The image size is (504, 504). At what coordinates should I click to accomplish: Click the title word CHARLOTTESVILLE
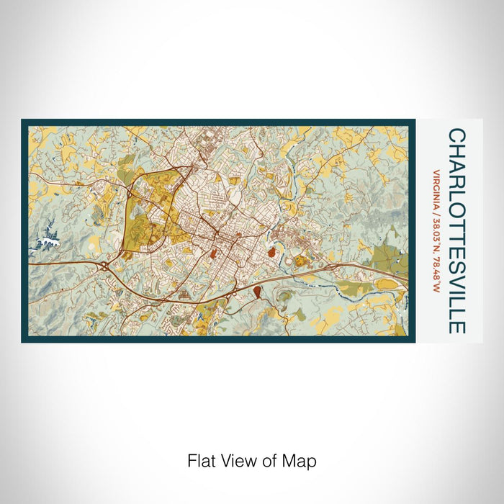point(456,231)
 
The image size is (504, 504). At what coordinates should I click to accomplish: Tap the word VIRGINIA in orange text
point(436,189)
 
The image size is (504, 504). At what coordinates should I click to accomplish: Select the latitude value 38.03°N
point(436,236)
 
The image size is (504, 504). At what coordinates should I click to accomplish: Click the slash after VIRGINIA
point(436,214)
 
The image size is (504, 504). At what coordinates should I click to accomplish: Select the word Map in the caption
point(302,460)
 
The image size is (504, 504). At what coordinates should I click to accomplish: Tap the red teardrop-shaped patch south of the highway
point(257,290)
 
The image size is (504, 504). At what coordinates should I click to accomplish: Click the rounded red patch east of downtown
point(271,252)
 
